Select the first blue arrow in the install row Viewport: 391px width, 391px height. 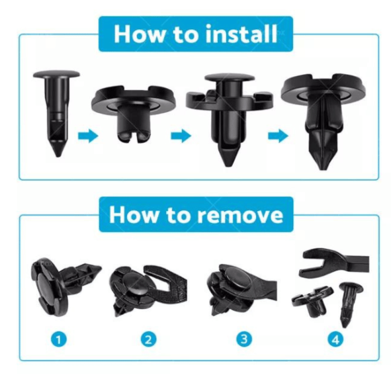click(x=88, y=136)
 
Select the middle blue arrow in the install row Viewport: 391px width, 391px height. click(x=181, y=136)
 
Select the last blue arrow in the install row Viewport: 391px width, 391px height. click(x=278, y=136)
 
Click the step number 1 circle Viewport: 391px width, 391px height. click(x=59, y=340)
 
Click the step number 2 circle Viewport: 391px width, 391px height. click(x=148, y=340)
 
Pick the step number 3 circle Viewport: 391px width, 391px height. click(x=244, y=339)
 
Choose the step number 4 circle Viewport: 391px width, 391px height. click(x=336, y=340)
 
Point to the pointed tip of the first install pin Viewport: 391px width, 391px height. click(x=58, y=157)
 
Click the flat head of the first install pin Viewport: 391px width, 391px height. click(x=57, y=74)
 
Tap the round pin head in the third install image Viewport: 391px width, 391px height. click(x=230, y=77)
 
